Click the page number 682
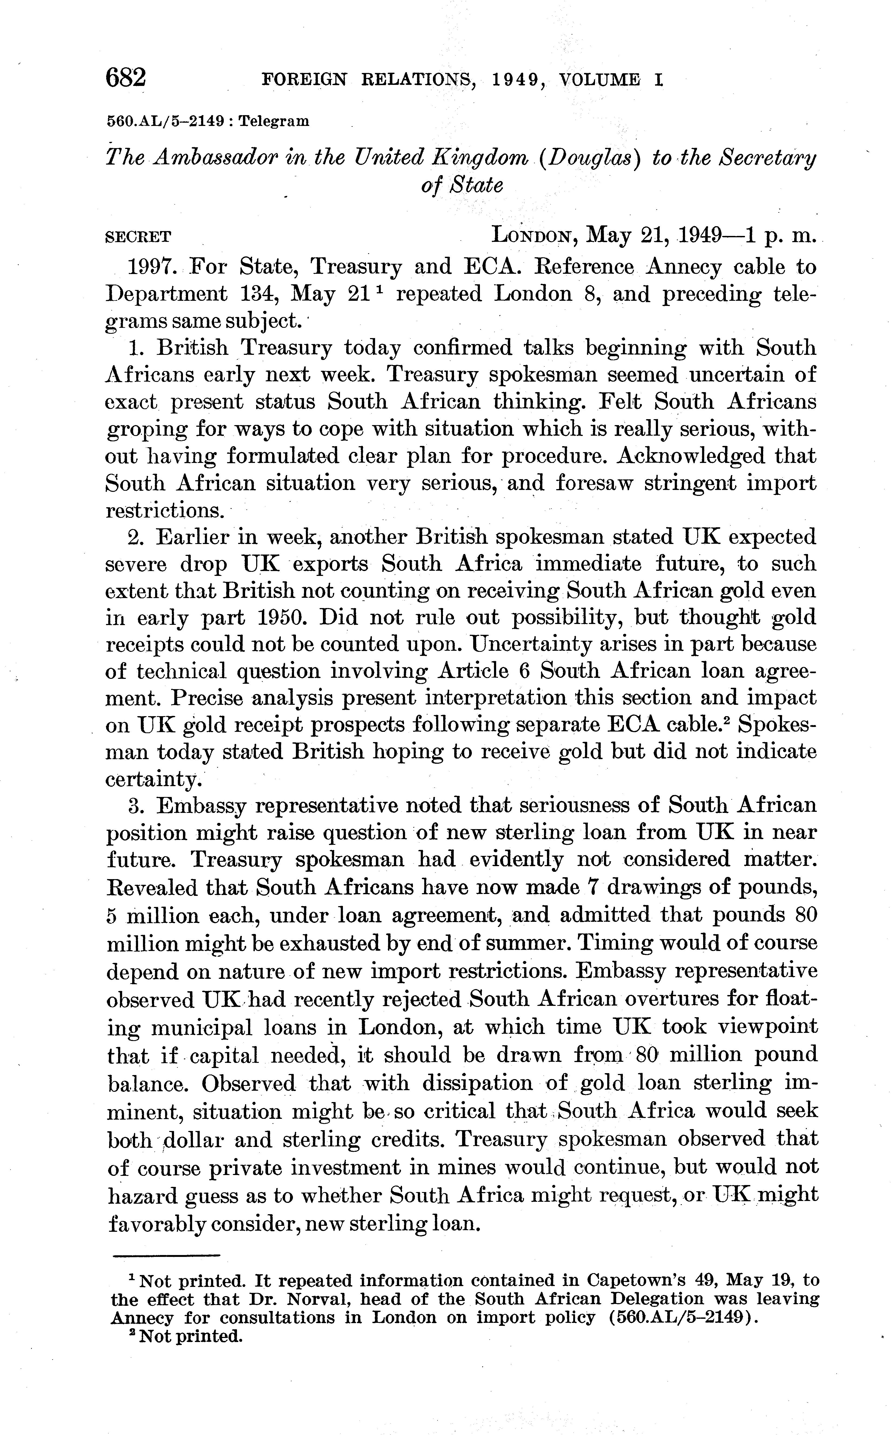click(125, 78)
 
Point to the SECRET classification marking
click(138, 237)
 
